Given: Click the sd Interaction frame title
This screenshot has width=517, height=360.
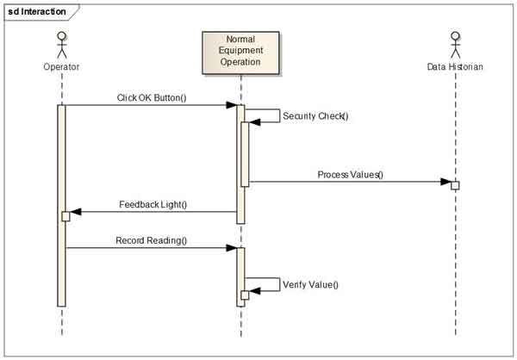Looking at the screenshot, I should tap(37, 11).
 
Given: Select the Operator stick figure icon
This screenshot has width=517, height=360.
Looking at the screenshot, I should tap(61, 44).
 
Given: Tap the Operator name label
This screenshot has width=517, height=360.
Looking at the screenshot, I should tap(61, 66).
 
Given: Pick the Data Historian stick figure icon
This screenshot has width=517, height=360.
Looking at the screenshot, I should tap(455, 44).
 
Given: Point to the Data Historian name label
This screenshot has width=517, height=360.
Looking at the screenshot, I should tap(455, 66).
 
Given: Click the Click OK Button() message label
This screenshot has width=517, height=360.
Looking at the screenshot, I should tap(152, 97).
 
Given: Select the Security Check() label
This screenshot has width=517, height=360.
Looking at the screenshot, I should tap(315, 115).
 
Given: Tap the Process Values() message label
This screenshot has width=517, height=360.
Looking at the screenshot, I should tap(350, 174).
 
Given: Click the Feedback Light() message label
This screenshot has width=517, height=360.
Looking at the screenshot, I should tap(152, 204).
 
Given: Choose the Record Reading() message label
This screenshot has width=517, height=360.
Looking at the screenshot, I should tap(152, 240).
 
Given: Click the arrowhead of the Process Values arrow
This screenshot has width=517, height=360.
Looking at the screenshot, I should tap(445, 182).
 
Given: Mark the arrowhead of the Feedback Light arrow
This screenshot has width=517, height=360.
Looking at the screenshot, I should tap(75, 211).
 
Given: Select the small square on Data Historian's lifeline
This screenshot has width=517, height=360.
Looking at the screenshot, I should tap(455, 185).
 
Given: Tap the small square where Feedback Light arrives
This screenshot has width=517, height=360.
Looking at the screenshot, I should tap(65, 215).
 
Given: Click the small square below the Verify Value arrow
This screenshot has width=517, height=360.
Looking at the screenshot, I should tap(245, 295).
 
